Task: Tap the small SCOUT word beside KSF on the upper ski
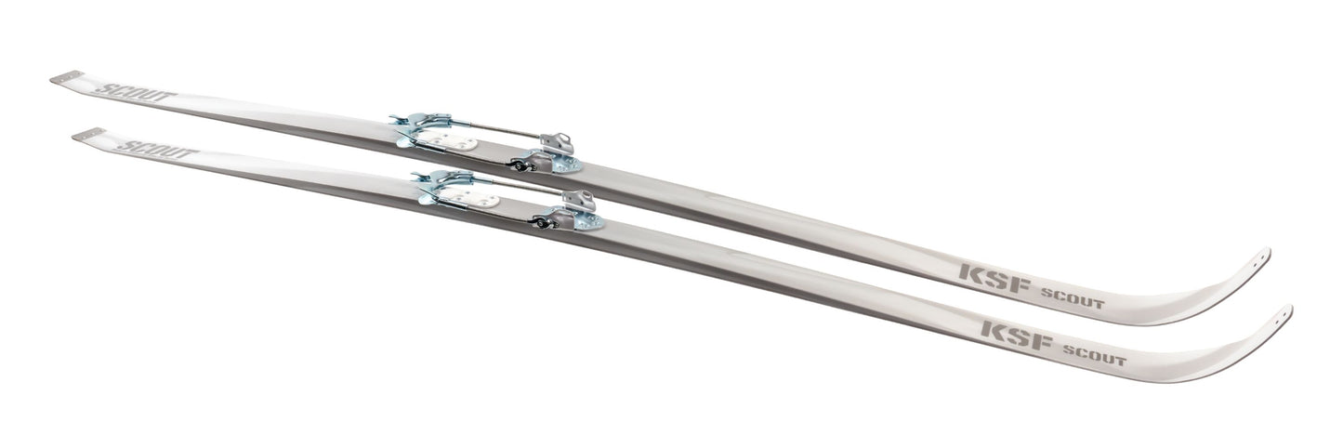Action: coord(1072,298)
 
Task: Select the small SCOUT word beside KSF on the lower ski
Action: coord(1094,354)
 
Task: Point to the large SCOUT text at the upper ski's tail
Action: coord(136,93)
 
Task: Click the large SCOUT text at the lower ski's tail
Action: coord(157,150)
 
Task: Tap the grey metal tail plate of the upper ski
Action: coord(67,77)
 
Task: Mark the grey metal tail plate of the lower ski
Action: coord(88,135)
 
